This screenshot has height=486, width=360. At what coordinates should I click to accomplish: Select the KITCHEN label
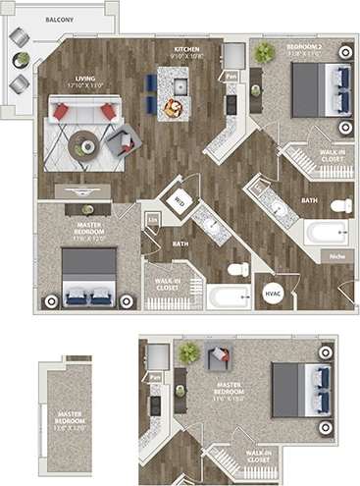[188, 51]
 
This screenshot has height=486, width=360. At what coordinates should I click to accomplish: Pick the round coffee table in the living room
[88, 146]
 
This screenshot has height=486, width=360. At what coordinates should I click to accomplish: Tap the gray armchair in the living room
[122, 143]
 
